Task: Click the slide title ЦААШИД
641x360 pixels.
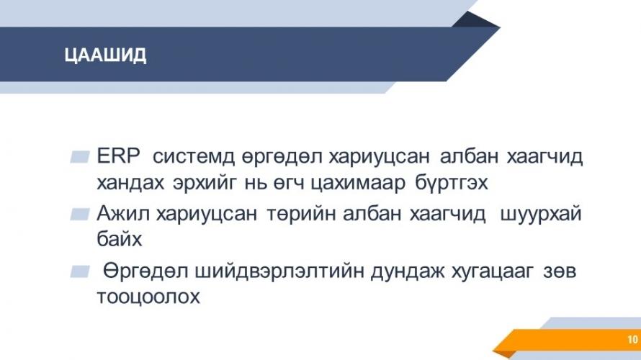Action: point(105,55)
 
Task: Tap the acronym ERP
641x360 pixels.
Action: point(118,156)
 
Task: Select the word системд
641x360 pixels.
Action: point(194,156)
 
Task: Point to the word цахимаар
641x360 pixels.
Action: point(358,183)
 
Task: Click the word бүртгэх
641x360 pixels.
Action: point(452,183)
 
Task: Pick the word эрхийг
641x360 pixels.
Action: point(205,183)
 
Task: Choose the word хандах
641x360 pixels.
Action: point(130,183)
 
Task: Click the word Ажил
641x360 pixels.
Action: point(123,213)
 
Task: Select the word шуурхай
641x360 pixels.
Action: point(541,214)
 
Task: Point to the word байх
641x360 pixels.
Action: point(120,238)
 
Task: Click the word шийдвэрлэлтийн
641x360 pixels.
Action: point(279,271)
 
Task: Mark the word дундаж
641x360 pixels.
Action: point(408,271)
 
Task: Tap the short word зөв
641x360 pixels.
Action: point(560,271)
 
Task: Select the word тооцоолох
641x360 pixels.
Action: point(148,296)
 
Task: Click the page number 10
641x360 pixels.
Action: point(632,339)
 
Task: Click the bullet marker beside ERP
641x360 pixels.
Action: point(80,157)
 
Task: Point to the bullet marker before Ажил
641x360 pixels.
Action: point(80,214)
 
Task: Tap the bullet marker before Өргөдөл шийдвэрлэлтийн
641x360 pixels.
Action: point(80,271)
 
